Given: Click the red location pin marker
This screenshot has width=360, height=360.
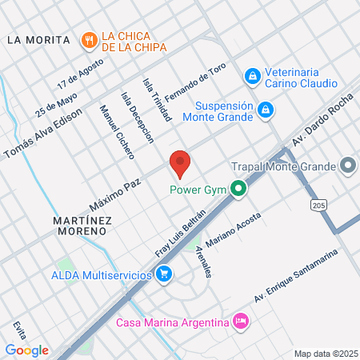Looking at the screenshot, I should [x=180, y=163].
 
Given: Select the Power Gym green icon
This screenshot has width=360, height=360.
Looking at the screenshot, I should [x=238, y=190].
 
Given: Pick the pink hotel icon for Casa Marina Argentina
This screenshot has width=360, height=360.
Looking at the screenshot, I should [x=239, y=322].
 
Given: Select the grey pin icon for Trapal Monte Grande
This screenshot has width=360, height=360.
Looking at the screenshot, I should [x=347, y=166].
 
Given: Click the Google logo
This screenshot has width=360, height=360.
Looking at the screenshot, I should [x=26, y=350].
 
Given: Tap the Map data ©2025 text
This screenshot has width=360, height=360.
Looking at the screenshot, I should [x=326, y=354].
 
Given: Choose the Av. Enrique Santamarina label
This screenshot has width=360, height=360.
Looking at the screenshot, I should [x=297, y=276].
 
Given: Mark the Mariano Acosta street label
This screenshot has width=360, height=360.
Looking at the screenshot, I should [x=233, y=231].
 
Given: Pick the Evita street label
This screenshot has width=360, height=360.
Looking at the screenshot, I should [x=19, y=331].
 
